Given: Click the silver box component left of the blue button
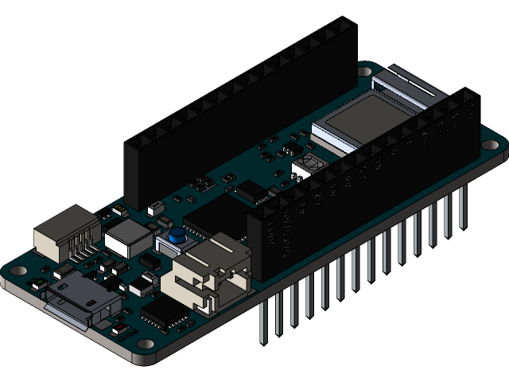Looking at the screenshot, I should tap(128, 237).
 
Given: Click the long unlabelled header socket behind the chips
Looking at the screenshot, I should tap(239, 119).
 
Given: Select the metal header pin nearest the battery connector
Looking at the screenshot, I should tap(264, 318).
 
